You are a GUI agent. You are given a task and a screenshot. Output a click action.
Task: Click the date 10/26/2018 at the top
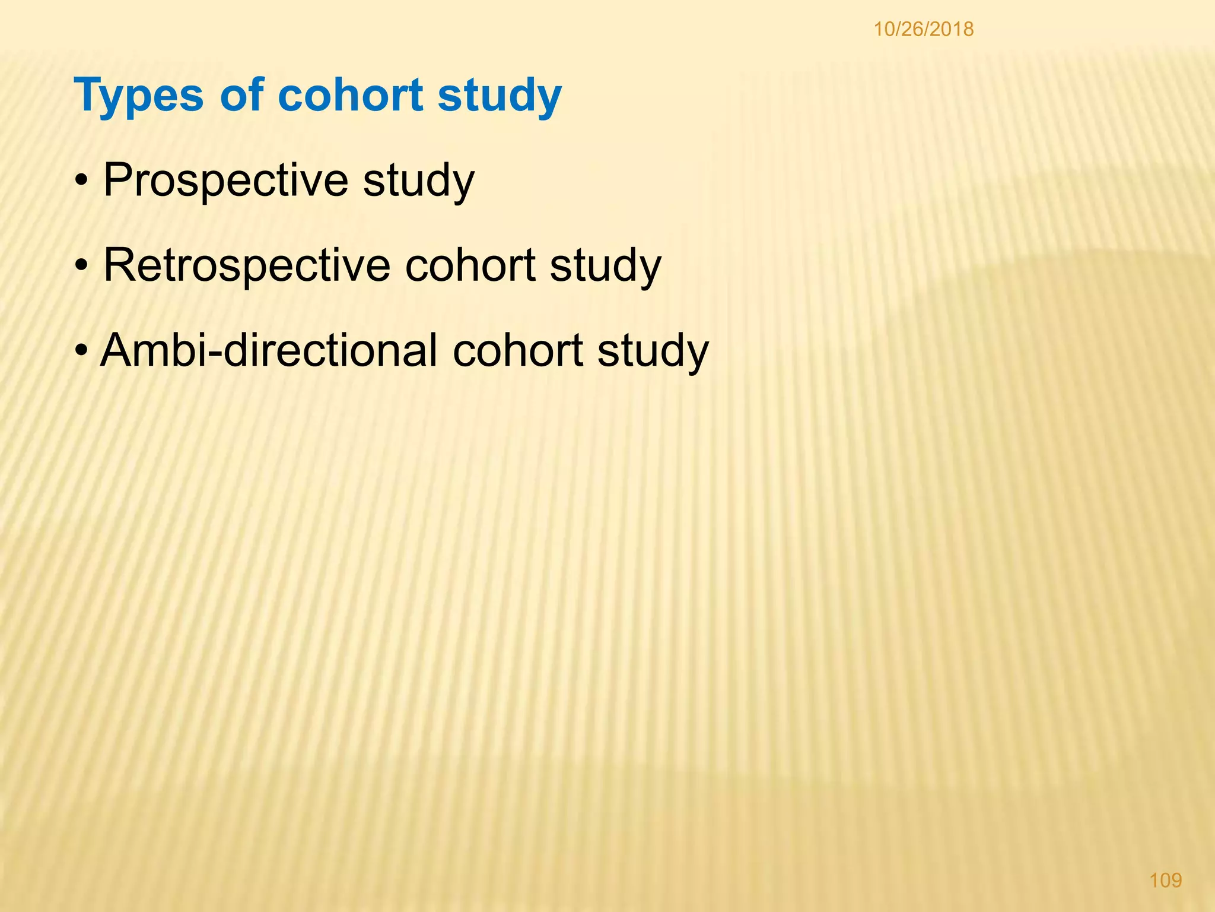click(x=923, y=29)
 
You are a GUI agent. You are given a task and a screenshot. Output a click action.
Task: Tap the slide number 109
click(x=1166, y=879)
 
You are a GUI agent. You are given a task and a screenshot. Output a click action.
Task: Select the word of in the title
click(x=241, y=94)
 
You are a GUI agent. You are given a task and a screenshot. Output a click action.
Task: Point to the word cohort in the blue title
click(x=351, y=94)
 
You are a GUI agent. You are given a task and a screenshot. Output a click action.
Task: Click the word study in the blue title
click(x=500, y=96)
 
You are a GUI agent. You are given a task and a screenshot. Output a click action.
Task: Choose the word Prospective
click(x=225, y=180)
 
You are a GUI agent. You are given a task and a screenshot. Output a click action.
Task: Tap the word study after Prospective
click(x=418, y=180)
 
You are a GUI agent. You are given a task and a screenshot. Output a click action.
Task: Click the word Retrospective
click(x=247, y=265)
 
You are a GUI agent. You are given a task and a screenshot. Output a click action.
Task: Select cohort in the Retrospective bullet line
click(x=470, y=265)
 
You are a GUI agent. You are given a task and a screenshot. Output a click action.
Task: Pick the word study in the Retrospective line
click(x=605, y=265)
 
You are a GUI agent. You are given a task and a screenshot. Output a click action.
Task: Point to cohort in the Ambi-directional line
click(x=518, y=350)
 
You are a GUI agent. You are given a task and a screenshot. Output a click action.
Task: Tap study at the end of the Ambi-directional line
click(x=653, y=351)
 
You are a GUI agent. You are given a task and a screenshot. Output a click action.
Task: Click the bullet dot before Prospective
click(x=82, y=181)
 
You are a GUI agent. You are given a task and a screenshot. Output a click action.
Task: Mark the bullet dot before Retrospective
click(x=82, y=266)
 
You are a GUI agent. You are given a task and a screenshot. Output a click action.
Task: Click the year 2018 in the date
click(x=953, y=29)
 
